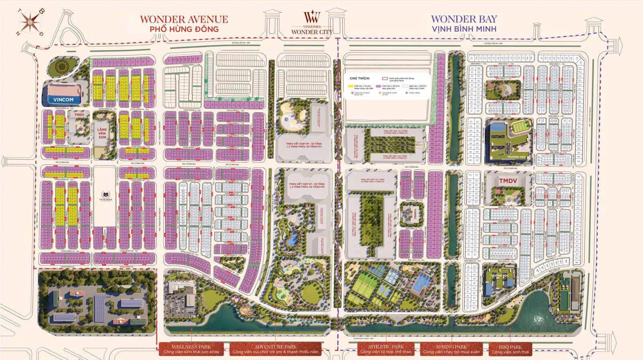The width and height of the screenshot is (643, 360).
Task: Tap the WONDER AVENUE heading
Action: tap(184, 19)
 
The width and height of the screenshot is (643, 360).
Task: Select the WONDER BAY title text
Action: tap(464, 19)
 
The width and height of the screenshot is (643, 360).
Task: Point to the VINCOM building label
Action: tap(63, 99)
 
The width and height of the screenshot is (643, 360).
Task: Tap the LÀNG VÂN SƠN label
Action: tap(102, 131)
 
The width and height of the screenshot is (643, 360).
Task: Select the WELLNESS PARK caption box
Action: tap(192, 349)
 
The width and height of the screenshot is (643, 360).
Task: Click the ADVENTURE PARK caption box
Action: tap(276, 349)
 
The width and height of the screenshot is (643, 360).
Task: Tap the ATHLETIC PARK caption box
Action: tap(386, 349)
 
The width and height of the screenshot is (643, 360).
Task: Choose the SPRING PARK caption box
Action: tap(452, 349)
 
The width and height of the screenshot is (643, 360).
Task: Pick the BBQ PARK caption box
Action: tap(510, 349)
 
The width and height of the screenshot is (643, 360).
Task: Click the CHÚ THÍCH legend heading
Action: tap(360, 79)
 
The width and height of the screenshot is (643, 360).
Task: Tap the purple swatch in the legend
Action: tap(378, 86)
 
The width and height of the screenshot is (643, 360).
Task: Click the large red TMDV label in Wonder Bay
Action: tap(508, 181)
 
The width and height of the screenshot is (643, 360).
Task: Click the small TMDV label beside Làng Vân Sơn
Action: tap(78, 115)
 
